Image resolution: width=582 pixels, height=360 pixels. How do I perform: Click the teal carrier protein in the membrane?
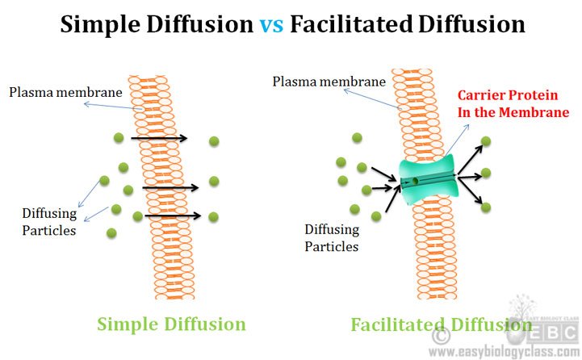coord(428,182)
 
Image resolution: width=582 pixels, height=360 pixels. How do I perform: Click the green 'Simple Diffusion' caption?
coord(171,324)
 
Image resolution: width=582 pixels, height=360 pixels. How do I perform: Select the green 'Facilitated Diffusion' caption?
coord(429,324)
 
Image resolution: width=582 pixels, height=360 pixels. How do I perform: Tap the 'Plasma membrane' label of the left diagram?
coord(65,91)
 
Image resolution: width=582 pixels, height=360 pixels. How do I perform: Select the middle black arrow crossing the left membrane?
coord(170,188)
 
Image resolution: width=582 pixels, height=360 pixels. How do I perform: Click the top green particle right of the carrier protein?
coord(486,141)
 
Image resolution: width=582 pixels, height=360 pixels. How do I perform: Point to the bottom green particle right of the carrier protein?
coord(486,207)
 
